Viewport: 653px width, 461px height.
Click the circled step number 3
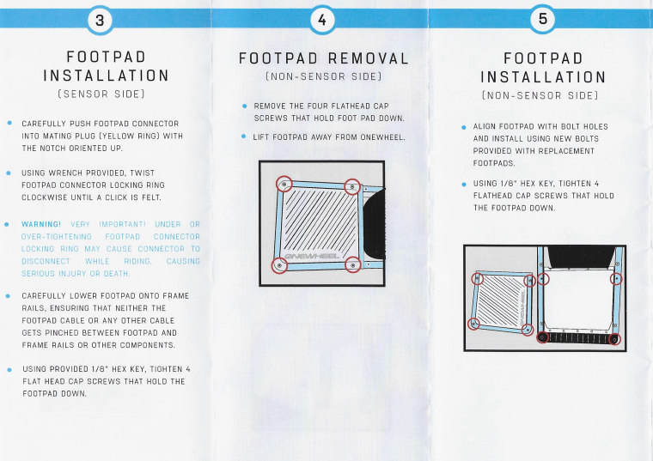tap(100, 20)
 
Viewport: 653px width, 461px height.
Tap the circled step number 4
tap(322, 20)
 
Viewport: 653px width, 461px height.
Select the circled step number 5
tap(543, 19)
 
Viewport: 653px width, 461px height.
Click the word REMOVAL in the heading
tap(368, 58)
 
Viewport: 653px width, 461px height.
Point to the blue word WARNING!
tap(41, 224)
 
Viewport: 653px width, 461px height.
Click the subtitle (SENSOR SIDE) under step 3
tap(101, 94)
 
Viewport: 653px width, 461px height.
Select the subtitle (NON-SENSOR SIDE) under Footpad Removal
tap(324, 76)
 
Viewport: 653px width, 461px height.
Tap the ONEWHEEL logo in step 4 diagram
tap(313, 256)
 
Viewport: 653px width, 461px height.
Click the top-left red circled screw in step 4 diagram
tap(284, 184)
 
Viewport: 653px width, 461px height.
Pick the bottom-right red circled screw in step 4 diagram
tap(353, 264)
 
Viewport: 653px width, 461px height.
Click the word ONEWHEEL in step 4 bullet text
tap(382, 137)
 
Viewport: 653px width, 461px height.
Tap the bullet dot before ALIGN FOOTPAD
tap(463, 127)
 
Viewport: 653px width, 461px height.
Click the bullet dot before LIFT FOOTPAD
tap(244, 136)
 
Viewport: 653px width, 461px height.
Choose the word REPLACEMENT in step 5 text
tap(572, 151)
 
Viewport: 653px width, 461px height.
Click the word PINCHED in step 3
tap(61, 333)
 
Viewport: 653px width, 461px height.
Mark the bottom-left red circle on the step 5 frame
tap(542, 337)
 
